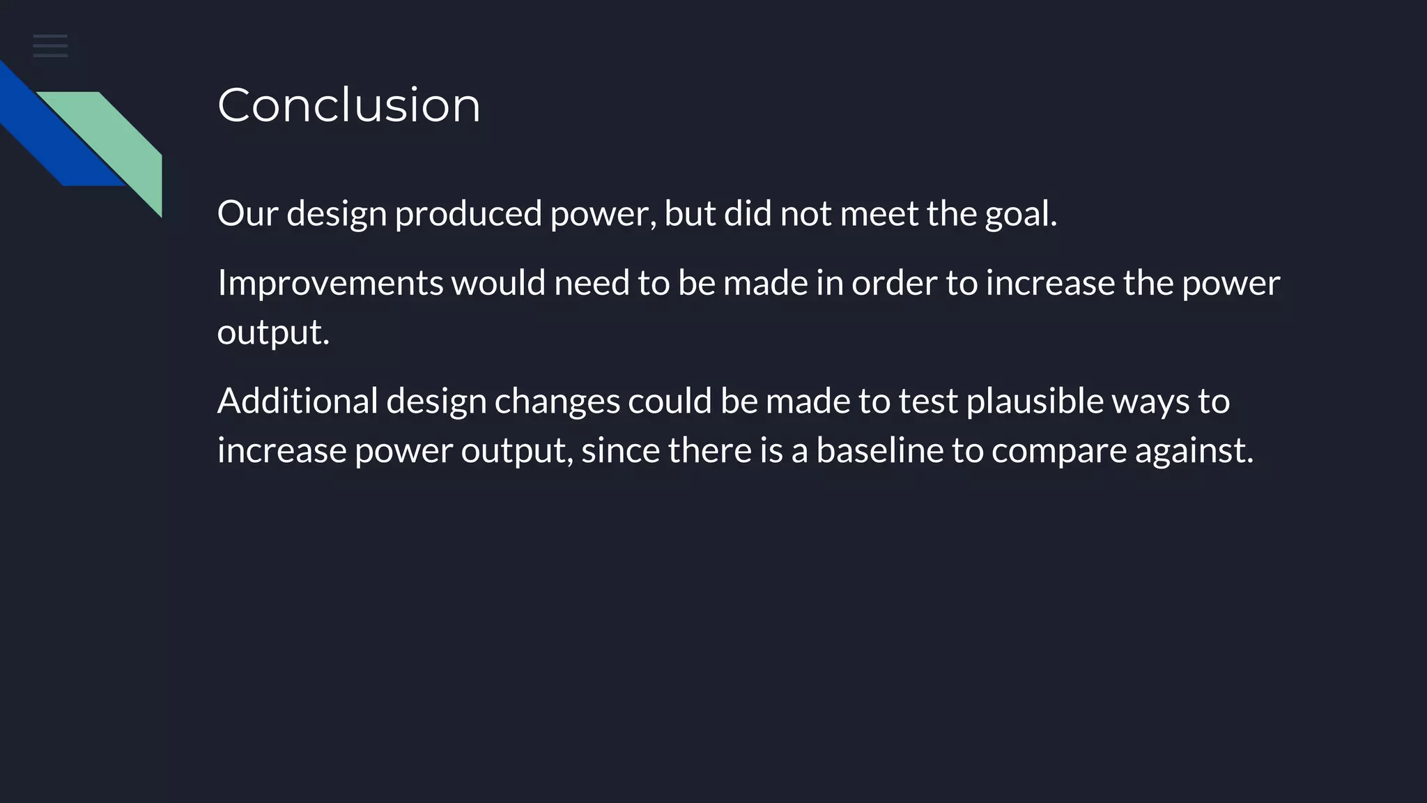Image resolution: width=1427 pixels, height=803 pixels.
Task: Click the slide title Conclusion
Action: [x=348, y=105]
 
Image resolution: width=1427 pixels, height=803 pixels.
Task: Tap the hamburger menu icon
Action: [x=50, y=46]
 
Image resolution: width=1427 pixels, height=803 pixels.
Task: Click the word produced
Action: [x=468, y=213]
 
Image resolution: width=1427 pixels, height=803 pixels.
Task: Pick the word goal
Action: [x=1020, y=213]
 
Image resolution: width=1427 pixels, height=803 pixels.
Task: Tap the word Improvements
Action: [x=330, y=283]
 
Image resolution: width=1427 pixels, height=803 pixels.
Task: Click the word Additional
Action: [x=298, y=401]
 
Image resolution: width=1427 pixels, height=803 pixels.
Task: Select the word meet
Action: [x=879, y=213]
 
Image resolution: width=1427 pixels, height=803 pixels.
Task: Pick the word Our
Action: [x=247, y=213]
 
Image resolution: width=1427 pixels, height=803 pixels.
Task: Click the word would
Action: [x=498, y=283]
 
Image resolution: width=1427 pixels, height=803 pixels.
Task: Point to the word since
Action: [x=620, y=450]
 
